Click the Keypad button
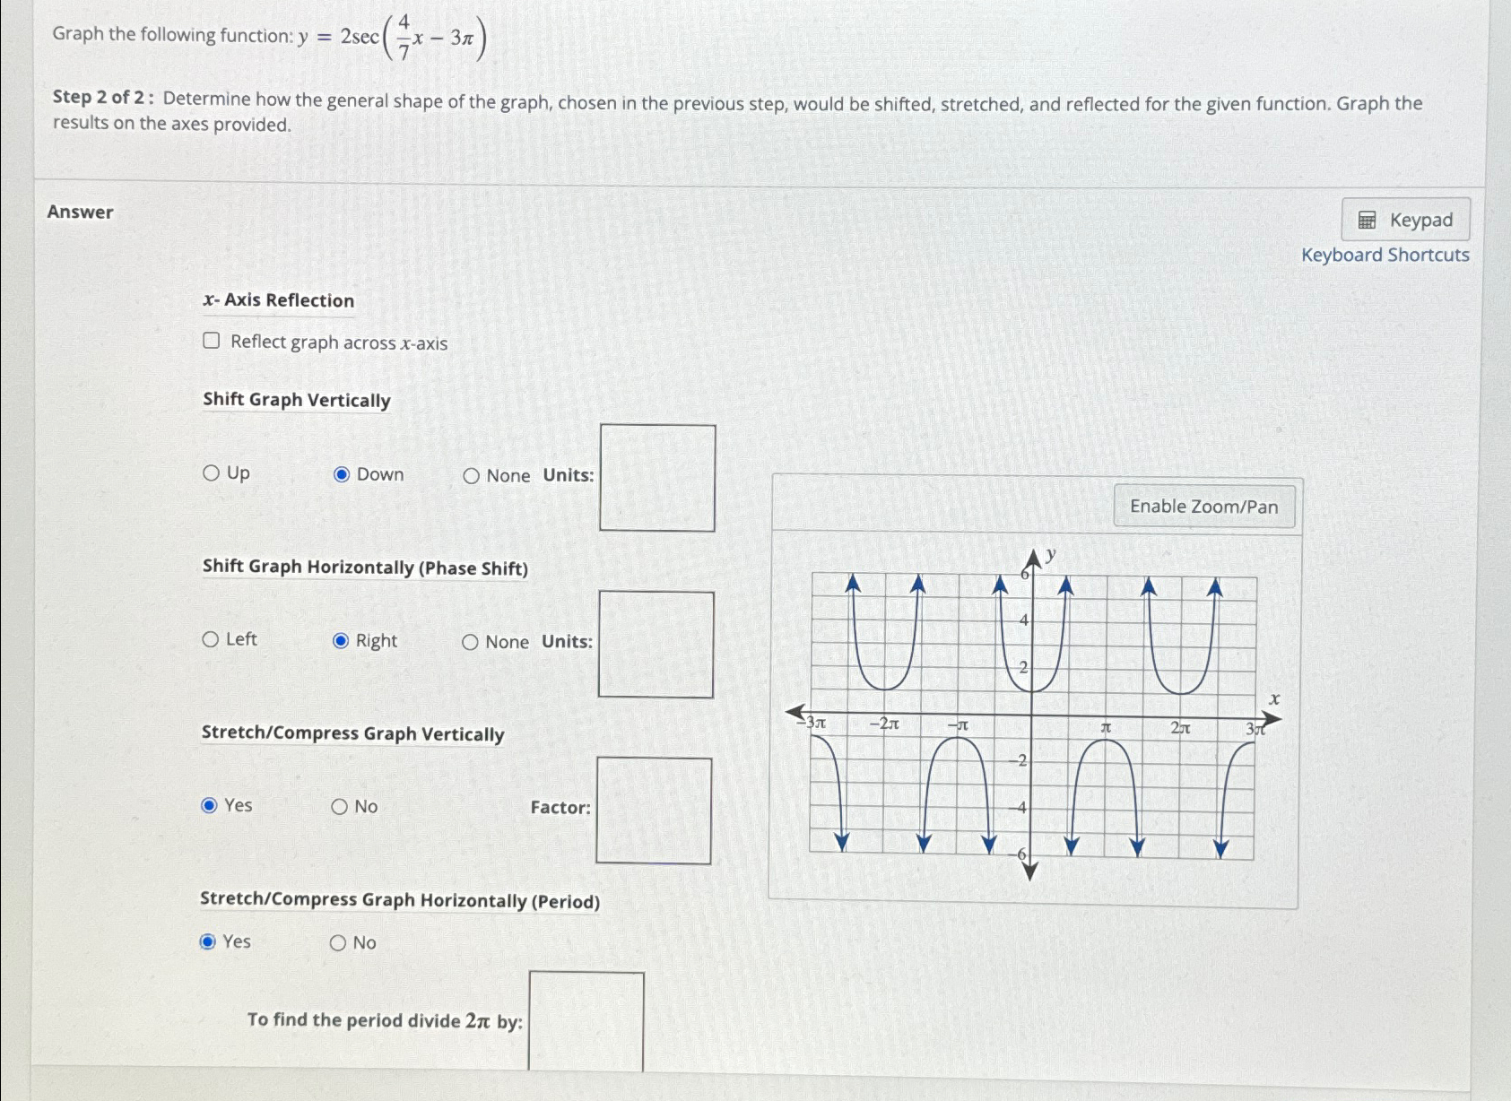pos(1405,220)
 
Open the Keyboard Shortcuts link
pos(1385,256)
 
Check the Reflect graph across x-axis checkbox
pos(212,341)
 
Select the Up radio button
pos(212,472)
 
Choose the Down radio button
pos(342,474)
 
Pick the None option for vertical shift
pos(472,476)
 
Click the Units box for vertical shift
pos(657,478)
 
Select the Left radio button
pos(211,639)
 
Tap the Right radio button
pos(341,641)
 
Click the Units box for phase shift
pos(656,644)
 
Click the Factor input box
pos(654,811)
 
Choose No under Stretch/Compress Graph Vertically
pos(339,807)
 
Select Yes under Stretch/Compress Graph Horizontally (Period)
pos(208,941)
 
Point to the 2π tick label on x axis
pos(1180,728)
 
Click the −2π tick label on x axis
pos(883,724)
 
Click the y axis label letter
pos(1050,555)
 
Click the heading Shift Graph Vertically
pos(297,400)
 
